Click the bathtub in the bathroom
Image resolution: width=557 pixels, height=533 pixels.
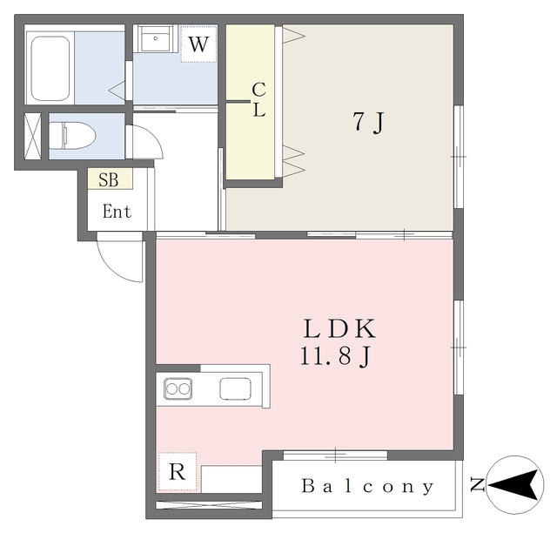(x=50, y=69)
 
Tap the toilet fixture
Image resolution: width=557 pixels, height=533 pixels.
(x=72, y=136)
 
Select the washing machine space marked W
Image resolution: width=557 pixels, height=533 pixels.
(x=198, y=44)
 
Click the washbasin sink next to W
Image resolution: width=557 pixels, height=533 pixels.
(x=157, y=38)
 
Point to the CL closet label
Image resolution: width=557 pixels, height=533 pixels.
(x=259, y=100)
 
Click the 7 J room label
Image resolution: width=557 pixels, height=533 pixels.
(x=369, y=122)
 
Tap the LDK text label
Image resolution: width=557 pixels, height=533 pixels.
(x=339, y=328)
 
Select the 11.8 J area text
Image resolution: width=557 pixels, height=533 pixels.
(x=336, y=356)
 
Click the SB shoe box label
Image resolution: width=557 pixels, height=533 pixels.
(x=109, y=180)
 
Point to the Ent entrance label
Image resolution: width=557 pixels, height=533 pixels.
(x=117, y=212)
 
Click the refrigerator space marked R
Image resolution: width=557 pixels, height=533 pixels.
(x=178, y=472)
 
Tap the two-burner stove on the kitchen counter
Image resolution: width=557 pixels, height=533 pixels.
(x=178, y=388)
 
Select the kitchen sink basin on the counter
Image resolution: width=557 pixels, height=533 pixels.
(x=235, y=388)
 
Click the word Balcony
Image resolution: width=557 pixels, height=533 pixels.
(x=367, y=486)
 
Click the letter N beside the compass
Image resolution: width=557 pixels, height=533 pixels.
(x=478, y=484)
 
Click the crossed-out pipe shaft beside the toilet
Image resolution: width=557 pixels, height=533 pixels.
(x=33, y=136)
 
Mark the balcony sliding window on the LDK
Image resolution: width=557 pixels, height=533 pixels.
(x=335, y=455)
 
